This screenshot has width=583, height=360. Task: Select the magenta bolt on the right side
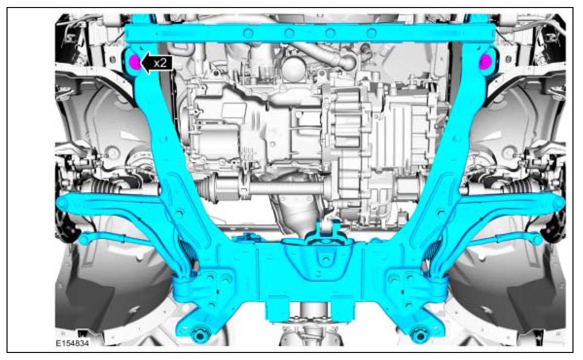pyautogui.click(x=485, y=62)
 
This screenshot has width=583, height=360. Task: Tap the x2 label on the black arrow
pyautogui.click(x=160, y=63)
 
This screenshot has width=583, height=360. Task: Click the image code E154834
pyautogui.click(x=72, y=343)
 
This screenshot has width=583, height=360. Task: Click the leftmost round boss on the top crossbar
pyautogui.click(x=248, y=34)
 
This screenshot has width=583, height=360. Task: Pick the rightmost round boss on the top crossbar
pyautogui.click(x=371, y=34)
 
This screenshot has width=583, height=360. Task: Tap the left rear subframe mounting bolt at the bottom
pyautogui.click(x=200, y=333)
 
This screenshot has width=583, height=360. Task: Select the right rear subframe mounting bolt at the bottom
pyautogui.click(x=420, y=333)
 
